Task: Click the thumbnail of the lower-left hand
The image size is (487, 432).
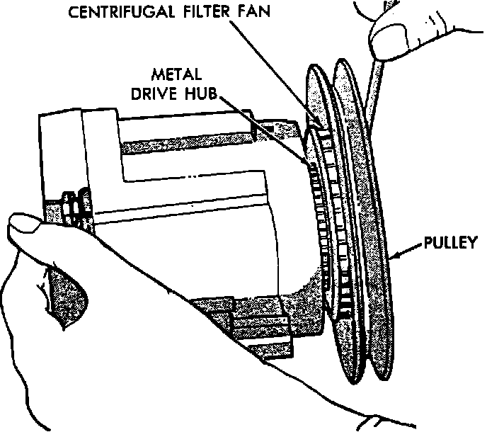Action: pos(25,229)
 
